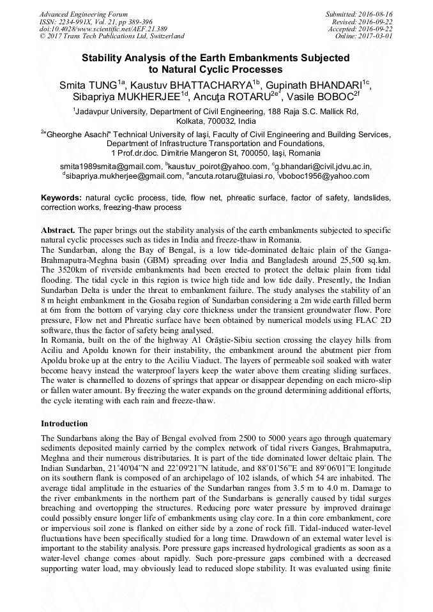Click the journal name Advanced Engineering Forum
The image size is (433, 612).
[83, 13]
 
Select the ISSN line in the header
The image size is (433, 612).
[96, 21]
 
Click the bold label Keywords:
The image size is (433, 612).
[62, 198]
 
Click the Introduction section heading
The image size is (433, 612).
[65, 423]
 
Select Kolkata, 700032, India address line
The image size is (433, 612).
[216, 121]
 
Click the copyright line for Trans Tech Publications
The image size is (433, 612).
[112, 36]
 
